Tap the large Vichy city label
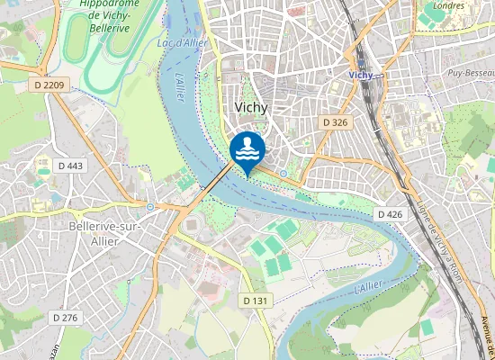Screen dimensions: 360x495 tap(251, 106)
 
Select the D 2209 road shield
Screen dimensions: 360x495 tap(48, 85)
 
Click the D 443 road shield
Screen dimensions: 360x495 tap(69, 166)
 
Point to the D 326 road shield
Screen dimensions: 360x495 tap(335, 121)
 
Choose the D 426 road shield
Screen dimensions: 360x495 tap(390, 214)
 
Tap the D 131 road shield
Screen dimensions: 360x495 tap(256, 300)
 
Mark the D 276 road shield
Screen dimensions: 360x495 tap(66, 318)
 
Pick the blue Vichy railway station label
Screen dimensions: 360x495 tap(361, 76)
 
